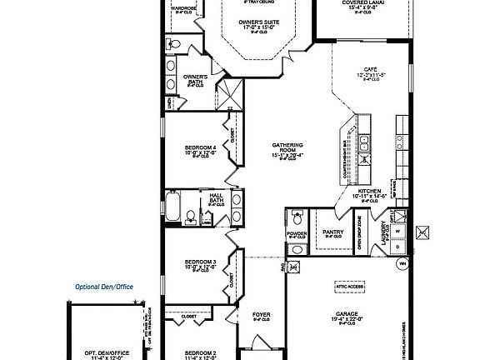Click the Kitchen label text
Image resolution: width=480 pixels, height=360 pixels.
[369, 193]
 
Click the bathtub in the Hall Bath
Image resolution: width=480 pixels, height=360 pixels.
[172, 207]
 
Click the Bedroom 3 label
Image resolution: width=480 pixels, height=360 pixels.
[200, 264]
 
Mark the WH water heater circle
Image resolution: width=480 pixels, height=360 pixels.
[402, 264]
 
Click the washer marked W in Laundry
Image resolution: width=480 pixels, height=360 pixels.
[398, 232]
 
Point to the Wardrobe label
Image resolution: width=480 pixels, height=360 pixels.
[183, 8]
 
